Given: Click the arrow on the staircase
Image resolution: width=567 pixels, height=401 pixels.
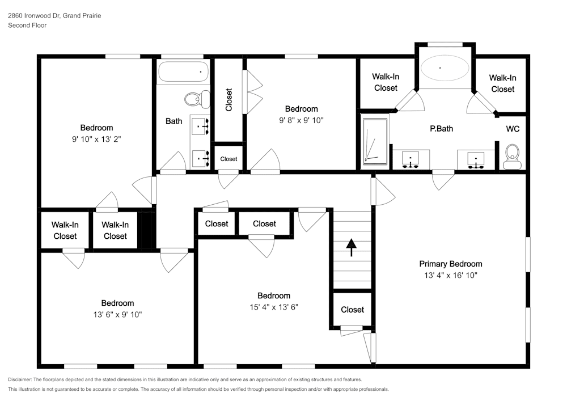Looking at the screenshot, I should [352, 247].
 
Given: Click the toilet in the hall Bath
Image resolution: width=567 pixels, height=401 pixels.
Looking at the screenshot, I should [194, 99].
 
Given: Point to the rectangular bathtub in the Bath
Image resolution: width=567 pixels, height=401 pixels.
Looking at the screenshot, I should [183, 73].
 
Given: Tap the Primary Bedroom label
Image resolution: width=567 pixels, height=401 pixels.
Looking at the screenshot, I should [450, 264].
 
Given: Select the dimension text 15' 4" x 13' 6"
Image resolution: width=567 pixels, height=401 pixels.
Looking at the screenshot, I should [274, 307].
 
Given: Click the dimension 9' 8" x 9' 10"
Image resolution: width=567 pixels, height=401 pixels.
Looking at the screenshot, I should [301, 120].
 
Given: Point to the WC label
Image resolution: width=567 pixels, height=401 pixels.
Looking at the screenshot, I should [513, 129].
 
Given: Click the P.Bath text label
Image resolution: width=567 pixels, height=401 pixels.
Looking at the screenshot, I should [441, 129].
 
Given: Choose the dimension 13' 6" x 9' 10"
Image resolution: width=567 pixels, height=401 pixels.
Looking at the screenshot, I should [117, 315].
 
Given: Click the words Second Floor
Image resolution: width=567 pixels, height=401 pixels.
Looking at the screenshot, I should [27, 26].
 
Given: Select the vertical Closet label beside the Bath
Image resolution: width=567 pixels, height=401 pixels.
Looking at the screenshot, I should [229, 99].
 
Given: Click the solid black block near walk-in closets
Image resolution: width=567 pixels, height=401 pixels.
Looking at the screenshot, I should [147, 230].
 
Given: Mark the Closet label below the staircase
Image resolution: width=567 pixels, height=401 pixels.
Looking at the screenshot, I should [352, 310].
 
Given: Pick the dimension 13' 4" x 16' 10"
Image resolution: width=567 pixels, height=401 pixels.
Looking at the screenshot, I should [450, 275].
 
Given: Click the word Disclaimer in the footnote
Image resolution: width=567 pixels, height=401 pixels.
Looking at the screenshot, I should [20, 379].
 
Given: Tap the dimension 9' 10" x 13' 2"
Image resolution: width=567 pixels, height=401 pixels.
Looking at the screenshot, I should [96, 139].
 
